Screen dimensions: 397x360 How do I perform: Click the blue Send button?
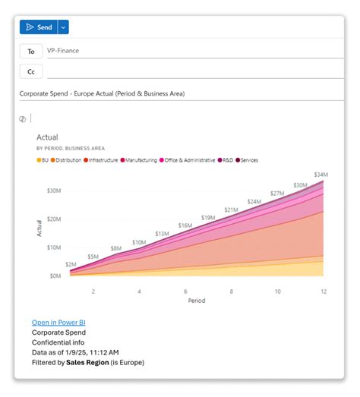pyautogui.click(x=38, y=27)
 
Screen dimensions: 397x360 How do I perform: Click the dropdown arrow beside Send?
pyautogui.click(x=63, y=27)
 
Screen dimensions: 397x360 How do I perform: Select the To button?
pyautogui.click(x=31, y=51)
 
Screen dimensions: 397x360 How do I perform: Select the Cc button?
pyautogui.click(x=31, y=71)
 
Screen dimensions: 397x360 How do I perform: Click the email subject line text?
pyautogui.click(x=102, y=93)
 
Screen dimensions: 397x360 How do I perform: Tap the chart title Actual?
pyautogui.click(x=47, y=137)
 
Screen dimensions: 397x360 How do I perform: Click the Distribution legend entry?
pyautogui.click(x=68, y=160)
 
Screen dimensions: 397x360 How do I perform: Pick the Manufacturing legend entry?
pyautogui.click(x=141, y=160)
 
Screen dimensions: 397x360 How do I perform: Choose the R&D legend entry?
pyautogui.click(x=227, y=160)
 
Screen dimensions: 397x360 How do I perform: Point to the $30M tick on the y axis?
pyautogui.click(x=55, y=190)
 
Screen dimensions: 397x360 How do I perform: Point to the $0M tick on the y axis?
pyautogui.click(x=56, y=276)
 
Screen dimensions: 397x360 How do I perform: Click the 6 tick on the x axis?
pyautogui.click(x=185, y=291)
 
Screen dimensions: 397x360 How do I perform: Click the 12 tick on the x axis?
pyautogui.click(x=323, y=291)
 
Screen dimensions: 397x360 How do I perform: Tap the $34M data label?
pyautogui.click(x=320, y=175)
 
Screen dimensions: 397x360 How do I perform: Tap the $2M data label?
pyautogui.click(x=71, y=264)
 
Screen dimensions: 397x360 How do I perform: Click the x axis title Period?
pyautogui.click(x=197, y=301)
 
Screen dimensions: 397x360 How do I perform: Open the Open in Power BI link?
pyautogui.click(x=58, y=322)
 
